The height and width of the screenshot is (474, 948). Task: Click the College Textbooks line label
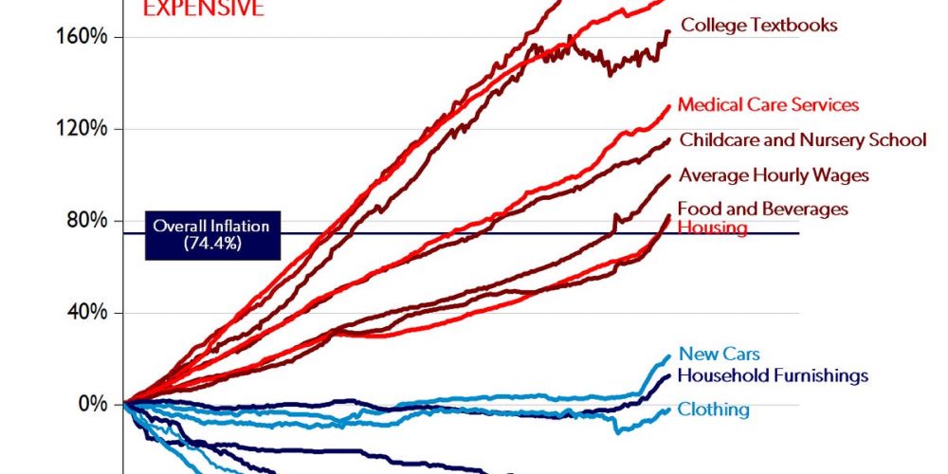tap(759, 26)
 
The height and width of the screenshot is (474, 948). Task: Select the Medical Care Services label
tap(768, 104)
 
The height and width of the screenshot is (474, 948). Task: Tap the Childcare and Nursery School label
tap(802, 140)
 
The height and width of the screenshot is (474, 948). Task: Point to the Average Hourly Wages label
tap(774, 174)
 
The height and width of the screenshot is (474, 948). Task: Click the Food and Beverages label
tap(763, 209)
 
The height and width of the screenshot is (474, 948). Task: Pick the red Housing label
tap(713, 228)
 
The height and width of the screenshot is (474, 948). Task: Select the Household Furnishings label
tap(773, 375)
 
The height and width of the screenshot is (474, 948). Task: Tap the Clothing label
tap(713, 410)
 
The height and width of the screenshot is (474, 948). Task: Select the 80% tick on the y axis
tap(91, 221)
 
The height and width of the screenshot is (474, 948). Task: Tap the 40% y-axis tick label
tap(91, 313)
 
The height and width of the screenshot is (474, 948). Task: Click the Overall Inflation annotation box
tap(212, 234)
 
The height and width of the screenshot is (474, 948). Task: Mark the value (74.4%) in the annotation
tap(212, 243)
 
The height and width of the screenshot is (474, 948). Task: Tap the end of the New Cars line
tap(668, 356)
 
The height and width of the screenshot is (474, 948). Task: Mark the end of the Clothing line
tap(669, 410)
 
